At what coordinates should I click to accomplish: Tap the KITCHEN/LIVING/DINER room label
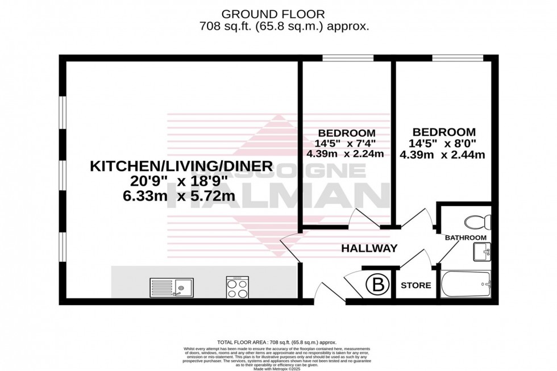[182, 166]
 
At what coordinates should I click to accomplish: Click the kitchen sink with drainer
[172, 287]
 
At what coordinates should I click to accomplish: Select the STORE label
[417, 285]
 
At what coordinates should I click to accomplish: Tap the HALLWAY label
[369, 248]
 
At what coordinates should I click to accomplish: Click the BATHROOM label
[465, 237]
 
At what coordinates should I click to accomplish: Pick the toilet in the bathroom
[477, 221]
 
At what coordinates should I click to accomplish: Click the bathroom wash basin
[483, 251]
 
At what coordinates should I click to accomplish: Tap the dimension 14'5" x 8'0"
[442, 143]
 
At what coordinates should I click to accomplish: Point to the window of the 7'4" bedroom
[348, 58]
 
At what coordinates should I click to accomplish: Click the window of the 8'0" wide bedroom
[458, 58]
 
